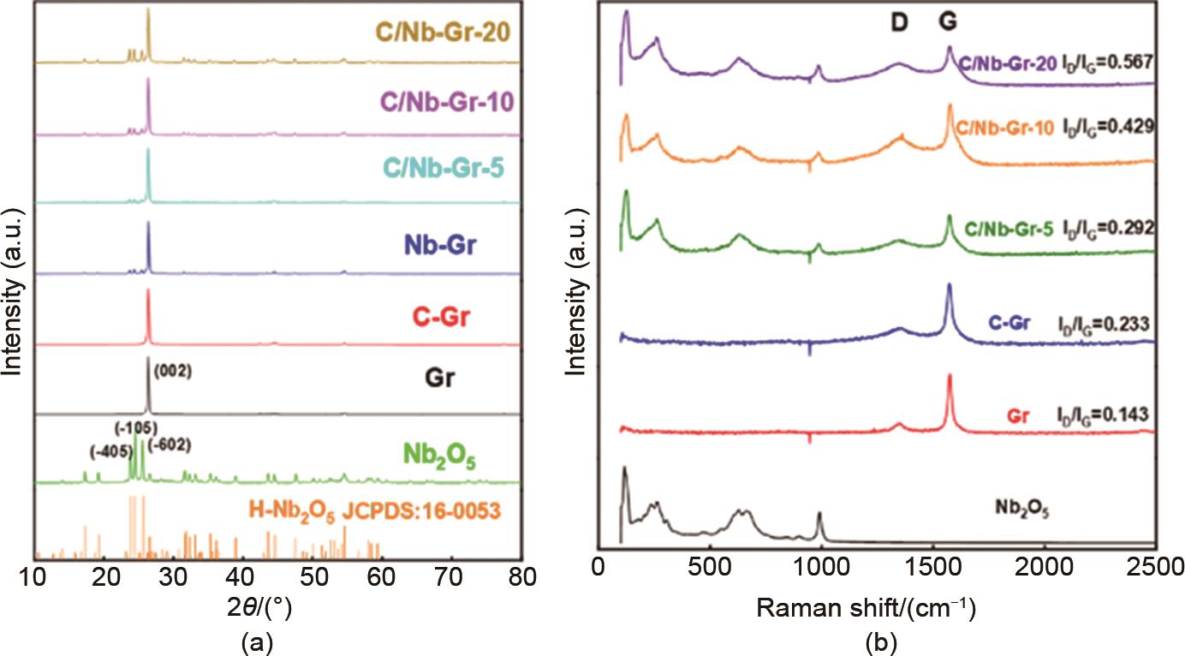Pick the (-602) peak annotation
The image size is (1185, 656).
click(x=170, y=445)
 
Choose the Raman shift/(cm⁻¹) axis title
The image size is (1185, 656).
click(x=866, y=609)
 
